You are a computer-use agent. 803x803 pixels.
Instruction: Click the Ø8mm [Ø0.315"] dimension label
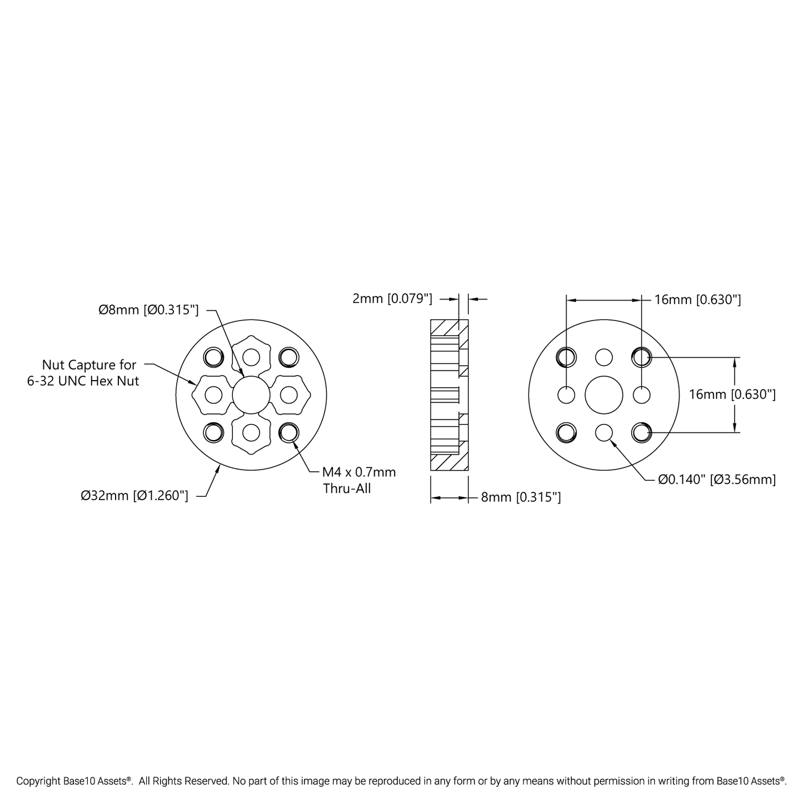tap(148, 310)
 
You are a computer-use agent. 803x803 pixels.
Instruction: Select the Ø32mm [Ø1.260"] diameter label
tap(134, 495)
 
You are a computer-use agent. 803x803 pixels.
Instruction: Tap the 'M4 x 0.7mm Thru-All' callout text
tap(359, 480)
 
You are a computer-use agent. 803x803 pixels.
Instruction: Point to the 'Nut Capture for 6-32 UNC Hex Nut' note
tap(89, 373)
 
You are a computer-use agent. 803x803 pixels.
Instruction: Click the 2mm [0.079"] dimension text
tap(392, 299)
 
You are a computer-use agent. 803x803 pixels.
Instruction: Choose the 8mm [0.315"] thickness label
tap(521, 497)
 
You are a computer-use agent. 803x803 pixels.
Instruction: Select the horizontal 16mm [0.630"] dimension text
tap(697, 300)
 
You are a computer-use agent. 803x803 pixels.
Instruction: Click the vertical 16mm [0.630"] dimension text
tap(732, 395)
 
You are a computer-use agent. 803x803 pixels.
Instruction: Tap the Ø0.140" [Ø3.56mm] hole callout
tap(717, 479)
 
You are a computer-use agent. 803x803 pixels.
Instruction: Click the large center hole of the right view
tap(604, 395)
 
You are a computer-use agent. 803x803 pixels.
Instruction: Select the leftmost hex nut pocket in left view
tap(212, 395)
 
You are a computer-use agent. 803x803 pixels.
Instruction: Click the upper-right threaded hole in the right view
tap(641, 357)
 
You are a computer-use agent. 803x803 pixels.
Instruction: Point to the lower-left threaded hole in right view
tap(566, 432)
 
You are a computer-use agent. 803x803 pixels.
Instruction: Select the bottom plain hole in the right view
tap(604, 432)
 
